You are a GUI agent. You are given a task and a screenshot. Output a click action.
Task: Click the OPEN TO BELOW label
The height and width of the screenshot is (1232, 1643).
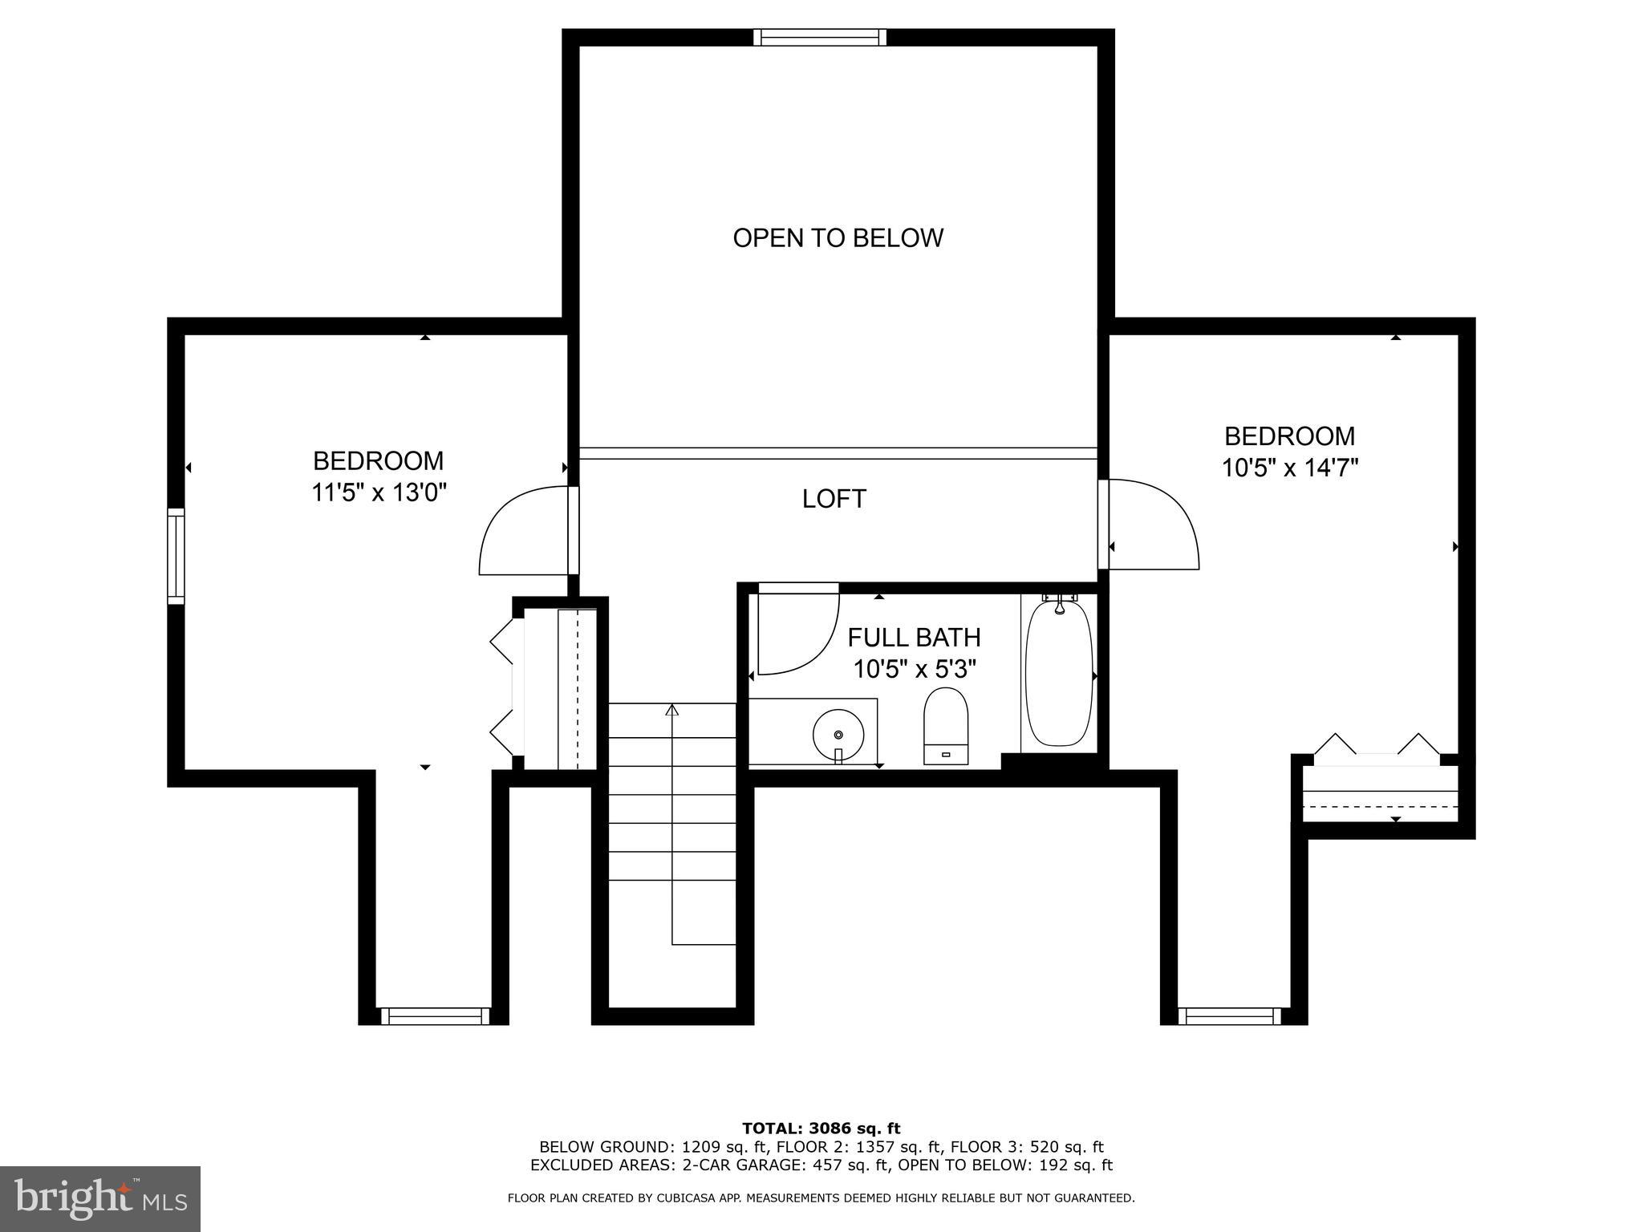point(838,238)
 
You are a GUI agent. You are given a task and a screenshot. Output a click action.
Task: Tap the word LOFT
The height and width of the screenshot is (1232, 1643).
point(834,499)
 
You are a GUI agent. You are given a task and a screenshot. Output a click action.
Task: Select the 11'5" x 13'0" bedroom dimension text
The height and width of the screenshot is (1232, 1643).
point(379,492)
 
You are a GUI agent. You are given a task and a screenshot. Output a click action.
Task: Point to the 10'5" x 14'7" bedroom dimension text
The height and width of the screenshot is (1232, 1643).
point(1289,467)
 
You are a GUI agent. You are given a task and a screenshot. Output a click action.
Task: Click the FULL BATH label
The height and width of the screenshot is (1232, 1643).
point(914,638)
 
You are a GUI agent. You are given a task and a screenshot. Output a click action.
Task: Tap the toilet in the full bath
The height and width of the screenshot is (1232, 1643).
point(946,724)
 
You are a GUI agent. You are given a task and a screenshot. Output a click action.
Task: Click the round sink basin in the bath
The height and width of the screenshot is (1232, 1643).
point(838,734)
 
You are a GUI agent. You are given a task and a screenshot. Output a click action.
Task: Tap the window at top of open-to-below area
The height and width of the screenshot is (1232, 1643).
point(820,38)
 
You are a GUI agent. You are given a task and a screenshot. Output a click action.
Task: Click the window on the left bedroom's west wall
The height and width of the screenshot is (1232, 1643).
point(176,556)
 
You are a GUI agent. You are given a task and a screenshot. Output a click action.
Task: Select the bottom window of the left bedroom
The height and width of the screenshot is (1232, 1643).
point(435,1016)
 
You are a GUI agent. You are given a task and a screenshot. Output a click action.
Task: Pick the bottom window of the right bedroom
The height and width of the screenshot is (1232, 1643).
point(1230,1016)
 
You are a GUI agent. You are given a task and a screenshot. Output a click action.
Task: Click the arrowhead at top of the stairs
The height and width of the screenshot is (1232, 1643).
point(672,710)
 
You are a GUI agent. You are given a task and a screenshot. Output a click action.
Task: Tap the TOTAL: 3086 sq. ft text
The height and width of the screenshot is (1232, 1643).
point(821,1129)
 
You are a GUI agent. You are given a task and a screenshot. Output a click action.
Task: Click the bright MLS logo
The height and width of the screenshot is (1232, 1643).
point(100,1198)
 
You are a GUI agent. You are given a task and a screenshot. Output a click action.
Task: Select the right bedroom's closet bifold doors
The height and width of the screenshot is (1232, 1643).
point(1377,744)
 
